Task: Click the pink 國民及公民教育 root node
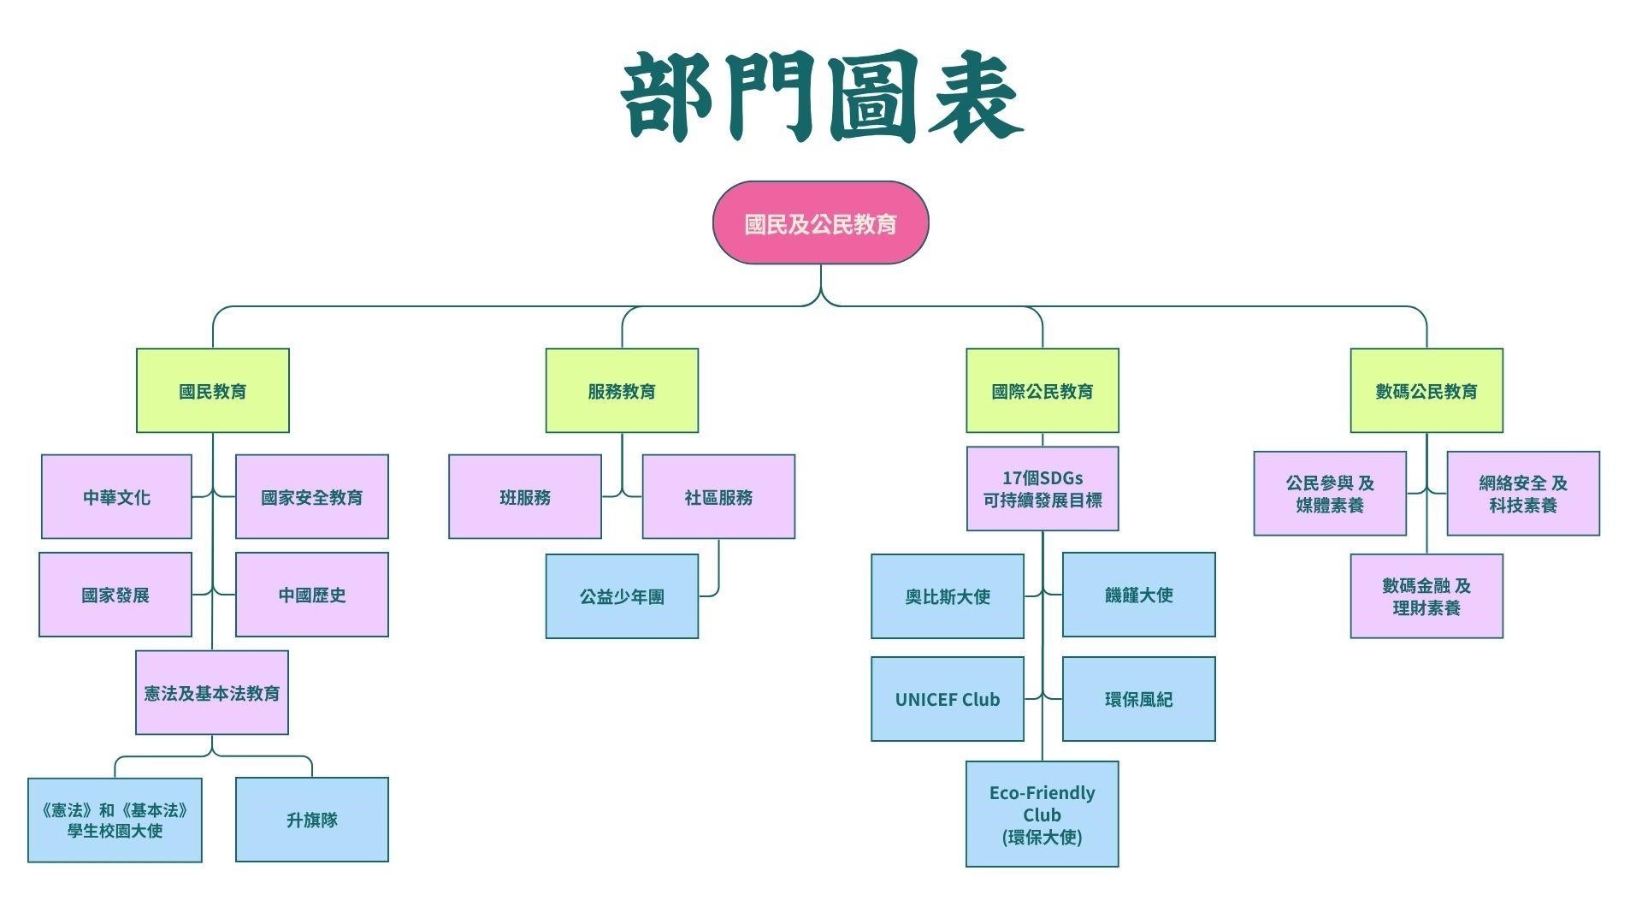[820, 223]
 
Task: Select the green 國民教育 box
[213, 391]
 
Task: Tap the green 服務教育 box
[622, 391]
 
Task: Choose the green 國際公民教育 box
[1042, 391]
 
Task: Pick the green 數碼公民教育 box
[1426, 391]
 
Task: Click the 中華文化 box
[116, 497]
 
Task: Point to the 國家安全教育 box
[311, 497]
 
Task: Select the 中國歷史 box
[311, 595]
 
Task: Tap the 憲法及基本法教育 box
[212, 693]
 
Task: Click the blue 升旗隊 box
[311, 820]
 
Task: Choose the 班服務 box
[525, 497]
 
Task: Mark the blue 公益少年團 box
[622, 596]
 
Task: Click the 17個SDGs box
[1042, 489]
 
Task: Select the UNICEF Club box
[948, 699]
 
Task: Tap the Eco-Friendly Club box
[1042, 814]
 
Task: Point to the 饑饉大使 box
[1138, 595]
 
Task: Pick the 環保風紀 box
[1138, 699]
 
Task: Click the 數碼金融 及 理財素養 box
[1426, 596]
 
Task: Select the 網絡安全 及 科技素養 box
[1523, 494]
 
